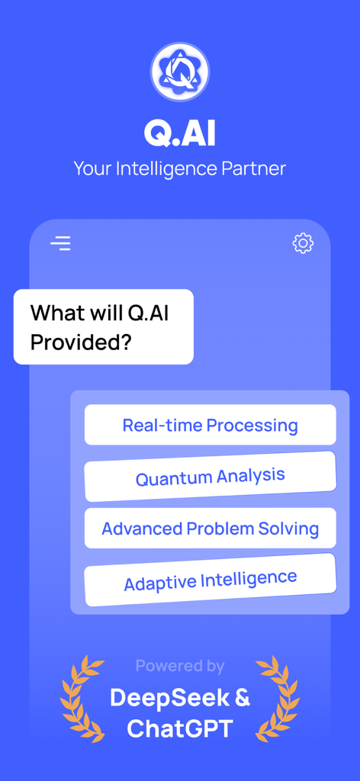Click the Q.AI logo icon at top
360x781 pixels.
pyautogui.click(x=180, y=72)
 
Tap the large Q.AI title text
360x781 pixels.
pyautogui.click(x=180, y=133)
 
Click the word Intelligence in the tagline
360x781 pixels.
pyautogui.click(x=167, y=169)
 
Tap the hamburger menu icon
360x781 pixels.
pyautogui.click(x=61, y=243)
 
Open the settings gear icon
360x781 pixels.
pyautogui.click(x=303, y=243)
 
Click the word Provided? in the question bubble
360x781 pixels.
pyautogui.click(x=81, y=342)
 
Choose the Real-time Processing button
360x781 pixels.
pyautogui.click(x=210, y=425)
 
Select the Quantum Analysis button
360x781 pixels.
pyautogui.click(x=210, y=477)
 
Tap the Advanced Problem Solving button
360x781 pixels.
pyautogui.click(x=210, y=529)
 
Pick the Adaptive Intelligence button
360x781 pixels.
pyautogui.click(x=210, y=580)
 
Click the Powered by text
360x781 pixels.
pyautogui.click(x=180, y=666)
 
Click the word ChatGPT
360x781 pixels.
pyautogui.click(x=180, y=729)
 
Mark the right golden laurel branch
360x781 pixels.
pyautogui.click(x=278, y=698)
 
